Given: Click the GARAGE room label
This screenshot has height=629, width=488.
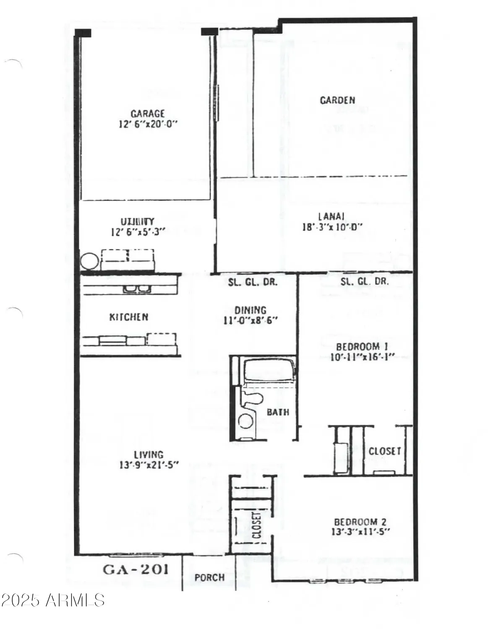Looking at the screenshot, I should coord(147,114).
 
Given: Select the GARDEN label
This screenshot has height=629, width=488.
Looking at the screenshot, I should coord(337,100).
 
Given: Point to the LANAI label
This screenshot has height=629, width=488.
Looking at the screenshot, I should coord(331,216).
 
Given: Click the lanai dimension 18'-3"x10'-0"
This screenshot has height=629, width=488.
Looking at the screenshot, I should coord(332,227).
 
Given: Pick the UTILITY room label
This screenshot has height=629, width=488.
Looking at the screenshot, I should coord(138,221).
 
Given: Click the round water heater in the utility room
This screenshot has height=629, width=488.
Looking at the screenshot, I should coord(90,262).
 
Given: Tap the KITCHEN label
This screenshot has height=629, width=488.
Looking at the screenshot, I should coord(129,317).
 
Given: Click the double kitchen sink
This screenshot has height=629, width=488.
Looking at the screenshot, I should coord(137,289).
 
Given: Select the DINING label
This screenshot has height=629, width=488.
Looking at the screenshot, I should coord(251,310).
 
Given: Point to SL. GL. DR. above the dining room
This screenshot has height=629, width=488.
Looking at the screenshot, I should coord(253,282).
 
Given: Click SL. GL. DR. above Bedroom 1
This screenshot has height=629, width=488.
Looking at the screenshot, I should coord(364,282).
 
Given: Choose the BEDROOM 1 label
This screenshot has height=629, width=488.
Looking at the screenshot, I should coord(362,347).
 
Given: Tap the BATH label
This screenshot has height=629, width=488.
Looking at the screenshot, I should coord(278,412).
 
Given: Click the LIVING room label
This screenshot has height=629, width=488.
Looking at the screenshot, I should coord(149,455).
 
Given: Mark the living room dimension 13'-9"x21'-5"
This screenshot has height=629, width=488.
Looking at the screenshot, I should coord(149,465).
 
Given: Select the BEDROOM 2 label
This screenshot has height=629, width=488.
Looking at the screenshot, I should coord(360,522).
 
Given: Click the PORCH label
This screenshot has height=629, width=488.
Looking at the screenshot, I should coord(209,577).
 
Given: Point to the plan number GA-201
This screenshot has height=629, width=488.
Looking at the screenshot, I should coord(136,569).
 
